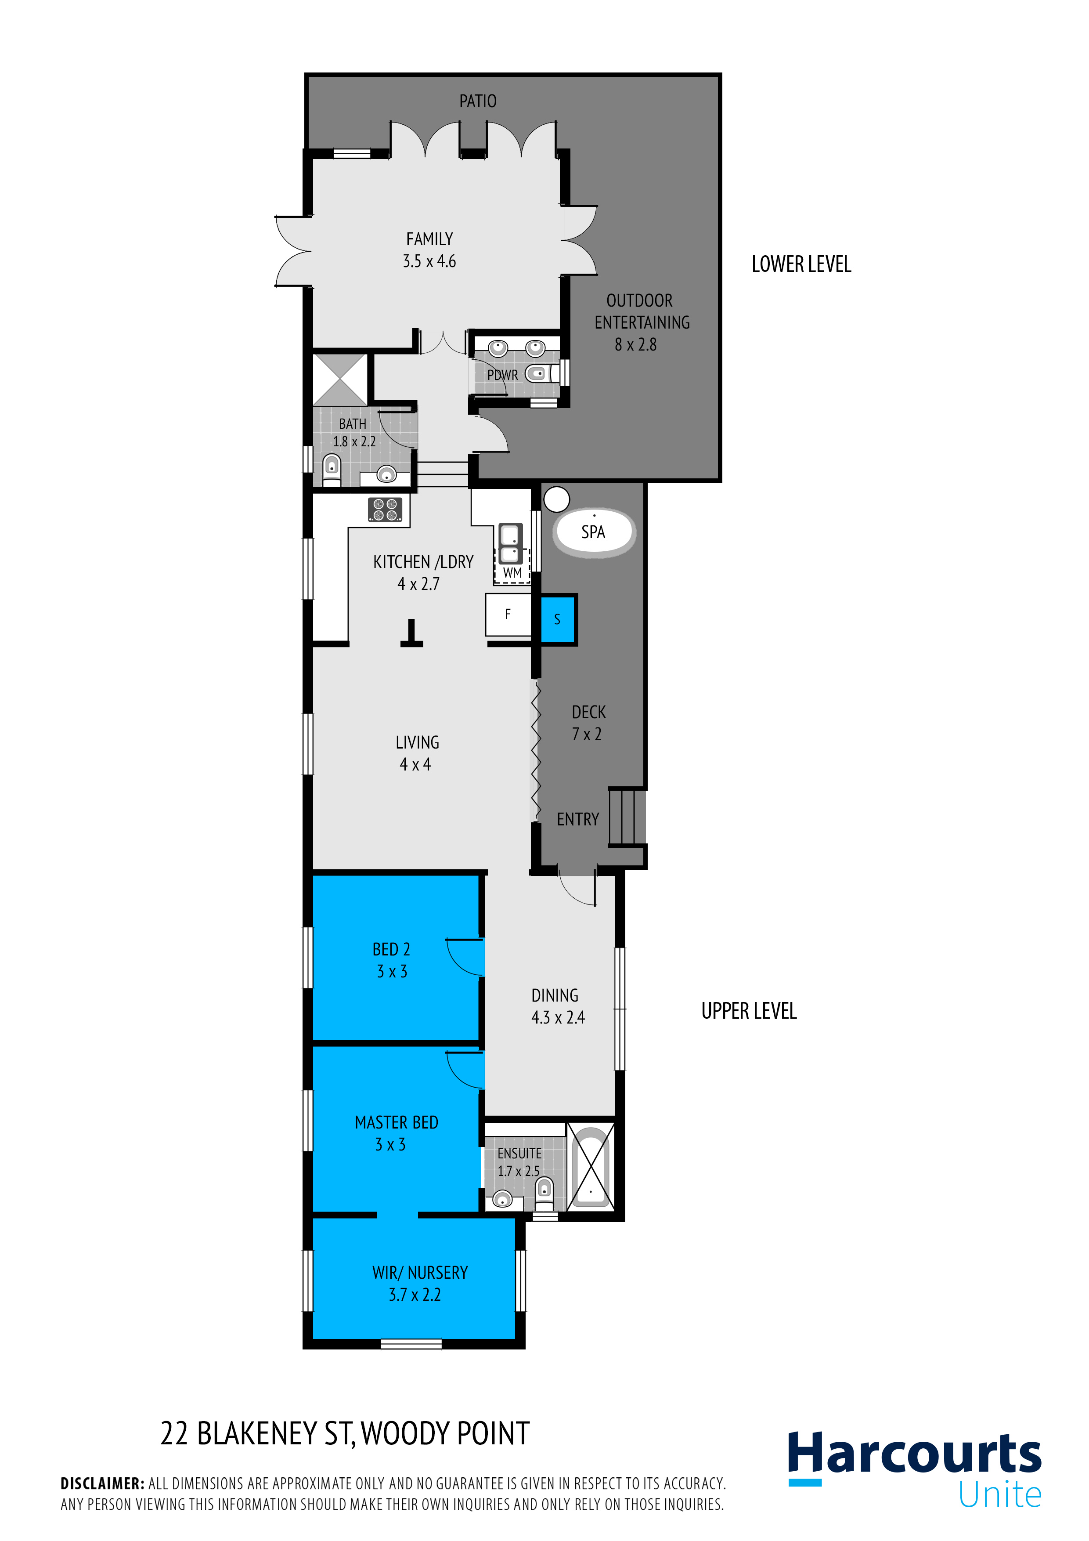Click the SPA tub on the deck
pyautogui.click(x=594, y=532)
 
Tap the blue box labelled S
pyautogui.click(x=558, y=619)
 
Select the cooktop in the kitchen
pyautogui.click(x=385, y=510)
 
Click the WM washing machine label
pyautogui.click(x=512, y=572)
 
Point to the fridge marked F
pyautogui.click(x=508, y=614)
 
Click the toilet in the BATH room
pyautogui.click(x=332, y=468)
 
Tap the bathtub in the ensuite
pyautogui.click(x=591, y=1167)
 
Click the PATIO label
pyautogui.click(x=478, y=101)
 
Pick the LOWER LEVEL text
pyautogui.click(x=801, y=264)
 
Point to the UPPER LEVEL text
pyautogui.click(x=749, y=1011)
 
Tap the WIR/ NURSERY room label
pyautogui.click(x=420, y=1273)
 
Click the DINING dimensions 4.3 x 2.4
pyautogui.click(x=558, y=1017)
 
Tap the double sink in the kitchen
pyautogui.click(x=510, y=544)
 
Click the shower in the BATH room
pyautogui.click(x=340, y=380)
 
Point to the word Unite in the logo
pyautogui.click(x=1000, y=1495)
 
